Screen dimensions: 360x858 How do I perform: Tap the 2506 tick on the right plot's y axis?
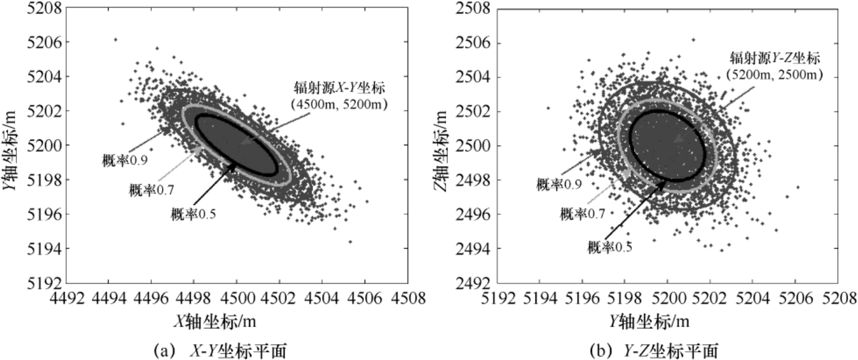click(473, 43)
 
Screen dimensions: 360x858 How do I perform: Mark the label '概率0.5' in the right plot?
click(610, 247)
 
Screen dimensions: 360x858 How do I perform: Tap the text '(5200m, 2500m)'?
click(774, 74)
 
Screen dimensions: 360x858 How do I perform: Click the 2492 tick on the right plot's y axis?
click(473, 284)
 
